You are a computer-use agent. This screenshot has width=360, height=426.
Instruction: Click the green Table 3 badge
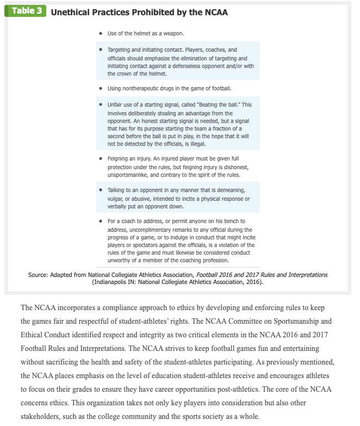[26, 11]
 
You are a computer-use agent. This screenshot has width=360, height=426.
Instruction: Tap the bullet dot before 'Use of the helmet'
[101, 34]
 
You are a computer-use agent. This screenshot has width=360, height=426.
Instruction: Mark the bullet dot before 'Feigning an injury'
[101, 159]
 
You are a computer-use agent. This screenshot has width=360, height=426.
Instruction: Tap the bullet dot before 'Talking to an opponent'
[101, 190]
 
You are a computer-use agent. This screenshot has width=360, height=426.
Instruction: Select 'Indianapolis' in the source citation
[112, 282]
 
